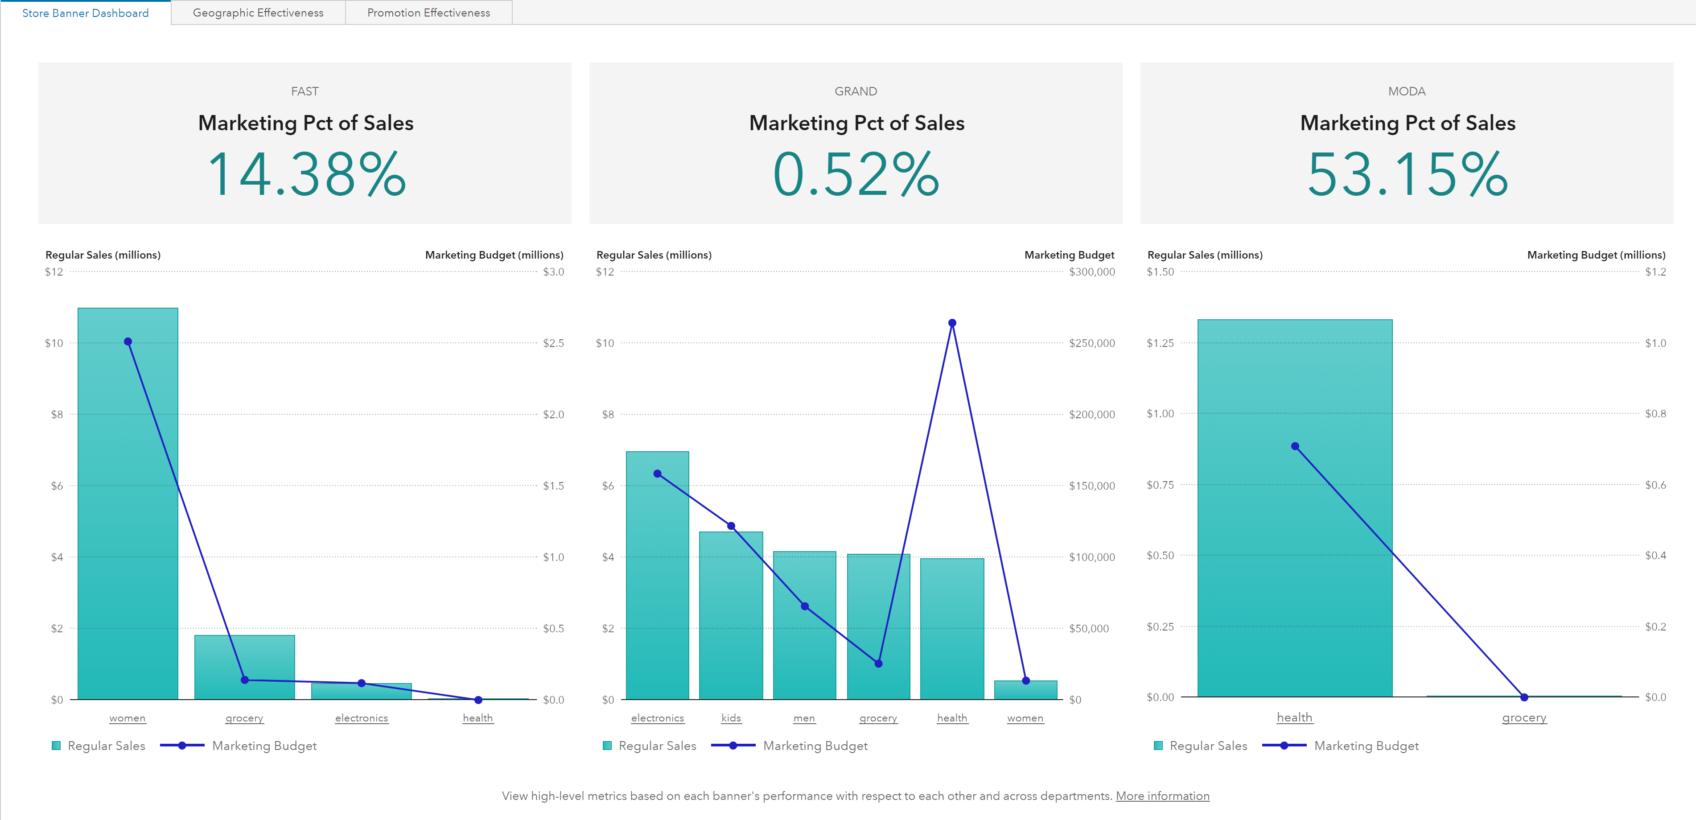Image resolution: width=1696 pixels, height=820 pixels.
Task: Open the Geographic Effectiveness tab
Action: click(x=258, y=12)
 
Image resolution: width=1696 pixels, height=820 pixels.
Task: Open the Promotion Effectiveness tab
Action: click(x=428, y=12)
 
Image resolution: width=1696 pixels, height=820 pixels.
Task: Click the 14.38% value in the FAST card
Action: click(x=306, y=174)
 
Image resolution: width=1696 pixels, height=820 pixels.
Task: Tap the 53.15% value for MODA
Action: click(x=1407, y=174)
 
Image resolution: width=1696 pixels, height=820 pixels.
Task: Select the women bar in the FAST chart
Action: click(x=128, y=527)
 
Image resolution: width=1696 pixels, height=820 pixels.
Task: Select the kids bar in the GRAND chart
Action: click(x=731, y=619)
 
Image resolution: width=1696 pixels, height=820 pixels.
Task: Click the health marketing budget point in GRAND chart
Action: click(x=952, y=323)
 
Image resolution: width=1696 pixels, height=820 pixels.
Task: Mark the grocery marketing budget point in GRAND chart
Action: click(x=878, y=663)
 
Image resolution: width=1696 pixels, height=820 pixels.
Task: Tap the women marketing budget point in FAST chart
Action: click(x=128, y=341)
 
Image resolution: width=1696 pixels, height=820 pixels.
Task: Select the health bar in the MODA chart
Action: click(x=1294, y=560)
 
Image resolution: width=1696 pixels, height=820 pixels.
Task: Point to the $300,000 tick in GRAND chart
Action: click(x=1091, y=272)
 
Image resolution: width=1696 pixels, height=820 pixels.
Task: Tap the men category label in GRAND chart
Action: click(x=804, y=718)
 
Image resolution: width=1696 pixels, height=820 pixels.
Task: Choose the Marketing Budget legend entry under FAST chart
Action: click(x=263, y=746)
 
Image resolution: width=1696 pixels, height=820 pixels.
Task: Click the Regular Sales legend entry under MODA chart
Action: click(x=1207, y=746)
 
